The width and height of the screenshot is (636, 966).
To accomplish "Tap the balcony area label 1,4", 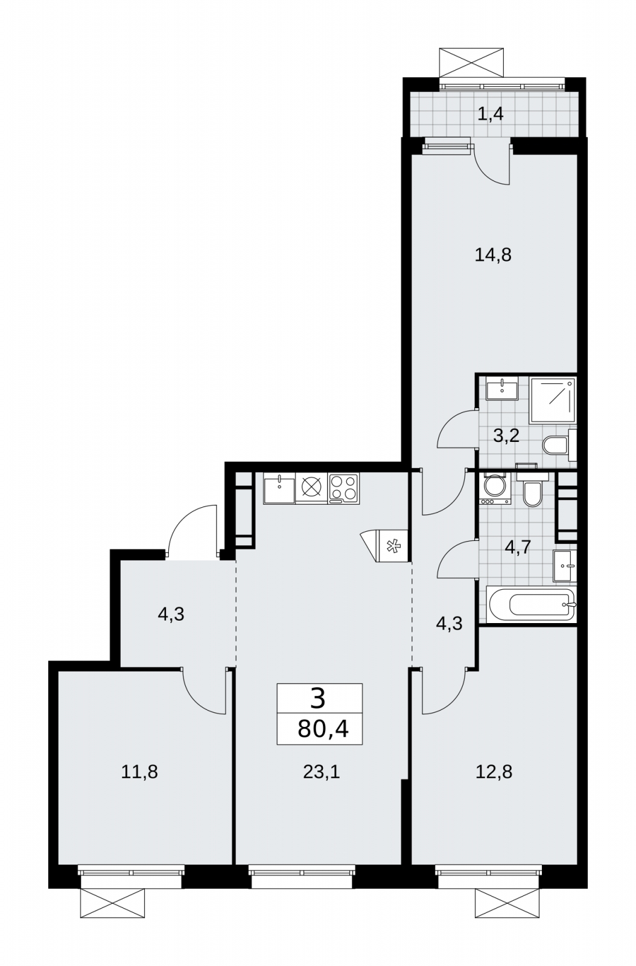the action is point(491,115).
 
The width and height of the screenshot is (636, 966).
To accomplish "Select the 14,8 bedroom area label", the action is point(493,255).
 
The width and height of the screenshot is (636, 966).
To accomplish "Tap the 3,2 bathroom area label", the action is point(506,436).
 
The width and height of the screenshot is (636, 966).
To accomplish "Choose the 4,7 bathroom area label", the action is point(517,548).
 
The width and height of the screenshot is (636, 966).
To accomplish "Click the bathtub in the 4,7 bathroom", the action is point(531,604).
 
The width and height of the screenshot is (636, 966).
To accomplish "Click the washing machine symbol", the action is point(495,488).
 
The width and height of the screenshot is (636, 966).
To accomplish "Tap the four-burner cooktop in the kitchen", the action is point(343,488).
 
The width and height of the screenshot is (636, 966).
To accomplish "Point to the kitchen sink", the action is point(279,488).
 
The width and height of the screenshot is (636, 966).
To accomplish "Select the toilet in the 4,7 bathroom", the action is point(532,490).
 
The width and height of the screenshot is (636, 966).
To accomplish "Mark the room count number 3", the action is point(317,699).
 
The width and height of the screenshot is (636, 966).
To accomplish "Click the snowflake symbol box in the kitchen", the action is point(392,546).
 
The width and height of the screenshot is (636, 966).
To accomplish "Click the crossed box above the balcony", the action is point(471,63).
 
